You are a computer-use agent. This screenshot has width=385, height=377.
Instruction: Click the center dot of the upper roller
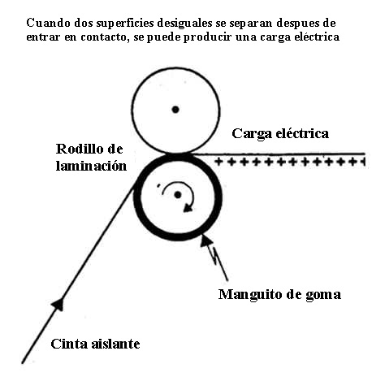click(x=175, y=110)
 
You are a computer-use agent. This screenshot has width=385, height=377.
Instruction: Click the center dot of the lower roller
click(x=178, y=195)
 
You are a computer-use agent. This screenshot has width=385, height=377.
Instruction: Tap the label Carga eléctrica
click(x=280, y=134)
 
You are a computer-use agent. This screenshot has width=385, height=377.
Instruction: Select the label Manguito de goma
click(x=279, y=294)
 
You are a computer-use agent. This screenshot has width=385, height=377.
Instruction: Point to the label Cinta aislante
click(x=95, y=344)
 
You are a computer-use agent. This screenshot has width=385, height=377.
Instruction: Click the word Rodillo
click(x=78, y=149)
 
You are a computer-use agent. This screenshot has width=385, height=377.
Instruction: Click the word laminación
click(x=91, y=166)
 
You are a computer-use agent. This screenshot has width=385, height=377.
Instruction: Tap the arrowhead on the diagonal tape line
click(x=58, y=304)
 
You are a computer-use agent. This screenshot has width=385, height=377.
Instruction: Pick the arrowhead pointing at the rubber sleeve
click(x=205, y=240)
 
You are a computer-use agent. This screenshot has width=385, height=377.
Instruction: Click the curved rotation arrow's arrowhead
click(x=188, y=208)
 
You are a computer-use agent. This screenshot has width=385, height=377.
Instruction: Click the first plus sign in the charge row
click(x=218, y=162)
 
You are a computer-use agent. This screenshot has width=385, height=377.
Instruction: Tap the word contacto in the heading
click(x=103, y=37)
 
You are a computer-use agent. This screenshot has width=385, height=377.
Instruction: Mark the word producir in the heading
click(x=208, y=37)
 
